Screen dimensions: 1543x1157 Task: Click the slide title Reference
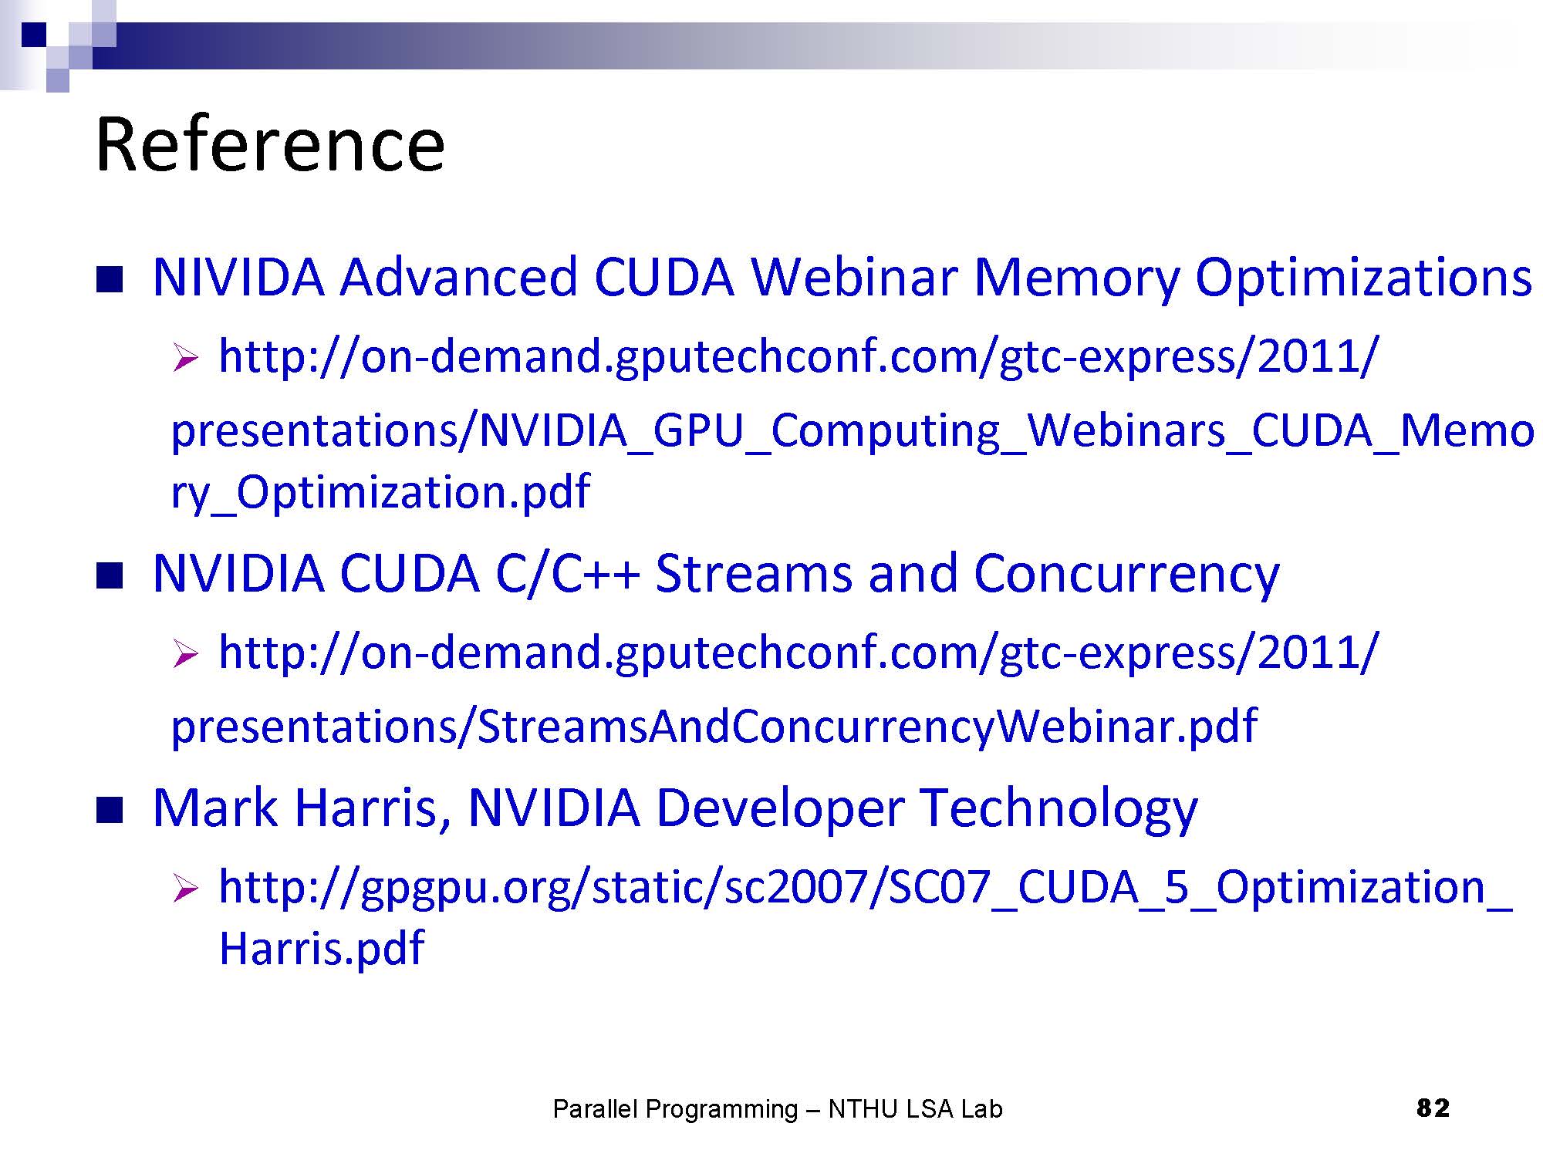pos(270,144)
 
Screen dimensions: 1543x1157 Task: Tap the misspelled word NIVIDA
pos(238,277)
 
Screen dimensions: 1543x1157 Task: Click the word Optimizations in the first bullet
pos(1363,278)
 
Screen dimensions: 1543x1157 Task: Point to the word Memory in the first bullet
pos(1075,278)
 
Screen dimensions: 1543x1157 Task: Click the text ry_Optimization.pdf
pos(380,493)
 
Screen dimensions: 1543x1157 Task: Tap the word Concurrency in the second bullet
pos(1126,575)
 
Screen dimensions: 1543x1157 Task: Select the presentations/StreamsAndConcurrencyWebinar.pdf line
pos(714,727)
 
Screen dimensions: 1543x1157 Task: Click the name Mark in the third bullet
pos(215,808)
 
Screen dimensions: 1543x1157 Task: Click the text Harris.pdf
pos(322,948)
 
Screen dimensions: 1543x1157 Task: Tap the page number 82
pos(1433,1108)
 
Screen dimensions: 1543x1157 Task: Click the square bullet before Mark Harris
pos(110,811)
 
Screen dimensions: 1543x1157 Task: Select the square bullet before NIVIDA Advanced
pos(110,280)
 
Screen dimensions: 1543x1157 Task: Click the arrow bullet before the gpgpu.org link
pos(186,889)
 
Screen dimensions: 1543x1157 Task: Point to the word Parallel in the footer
pos(596,1109)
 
